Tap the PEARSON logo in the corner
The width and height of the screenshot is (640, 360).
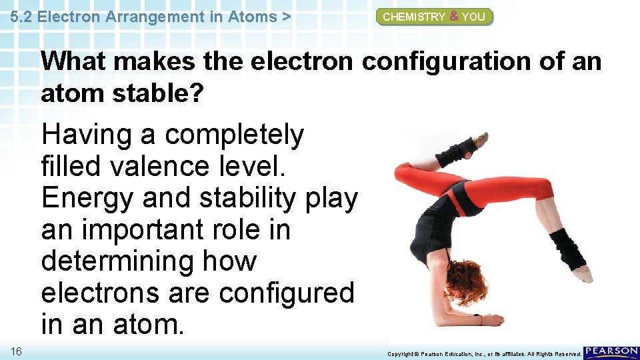(611, 352)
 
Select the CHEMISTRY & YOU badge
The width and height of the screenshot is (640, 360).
(434, 17)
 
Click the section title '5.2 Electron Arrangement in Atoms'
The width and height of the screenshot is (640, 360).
(150, 17)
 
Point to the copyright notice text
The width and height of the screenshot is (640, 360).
(484, 353)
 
